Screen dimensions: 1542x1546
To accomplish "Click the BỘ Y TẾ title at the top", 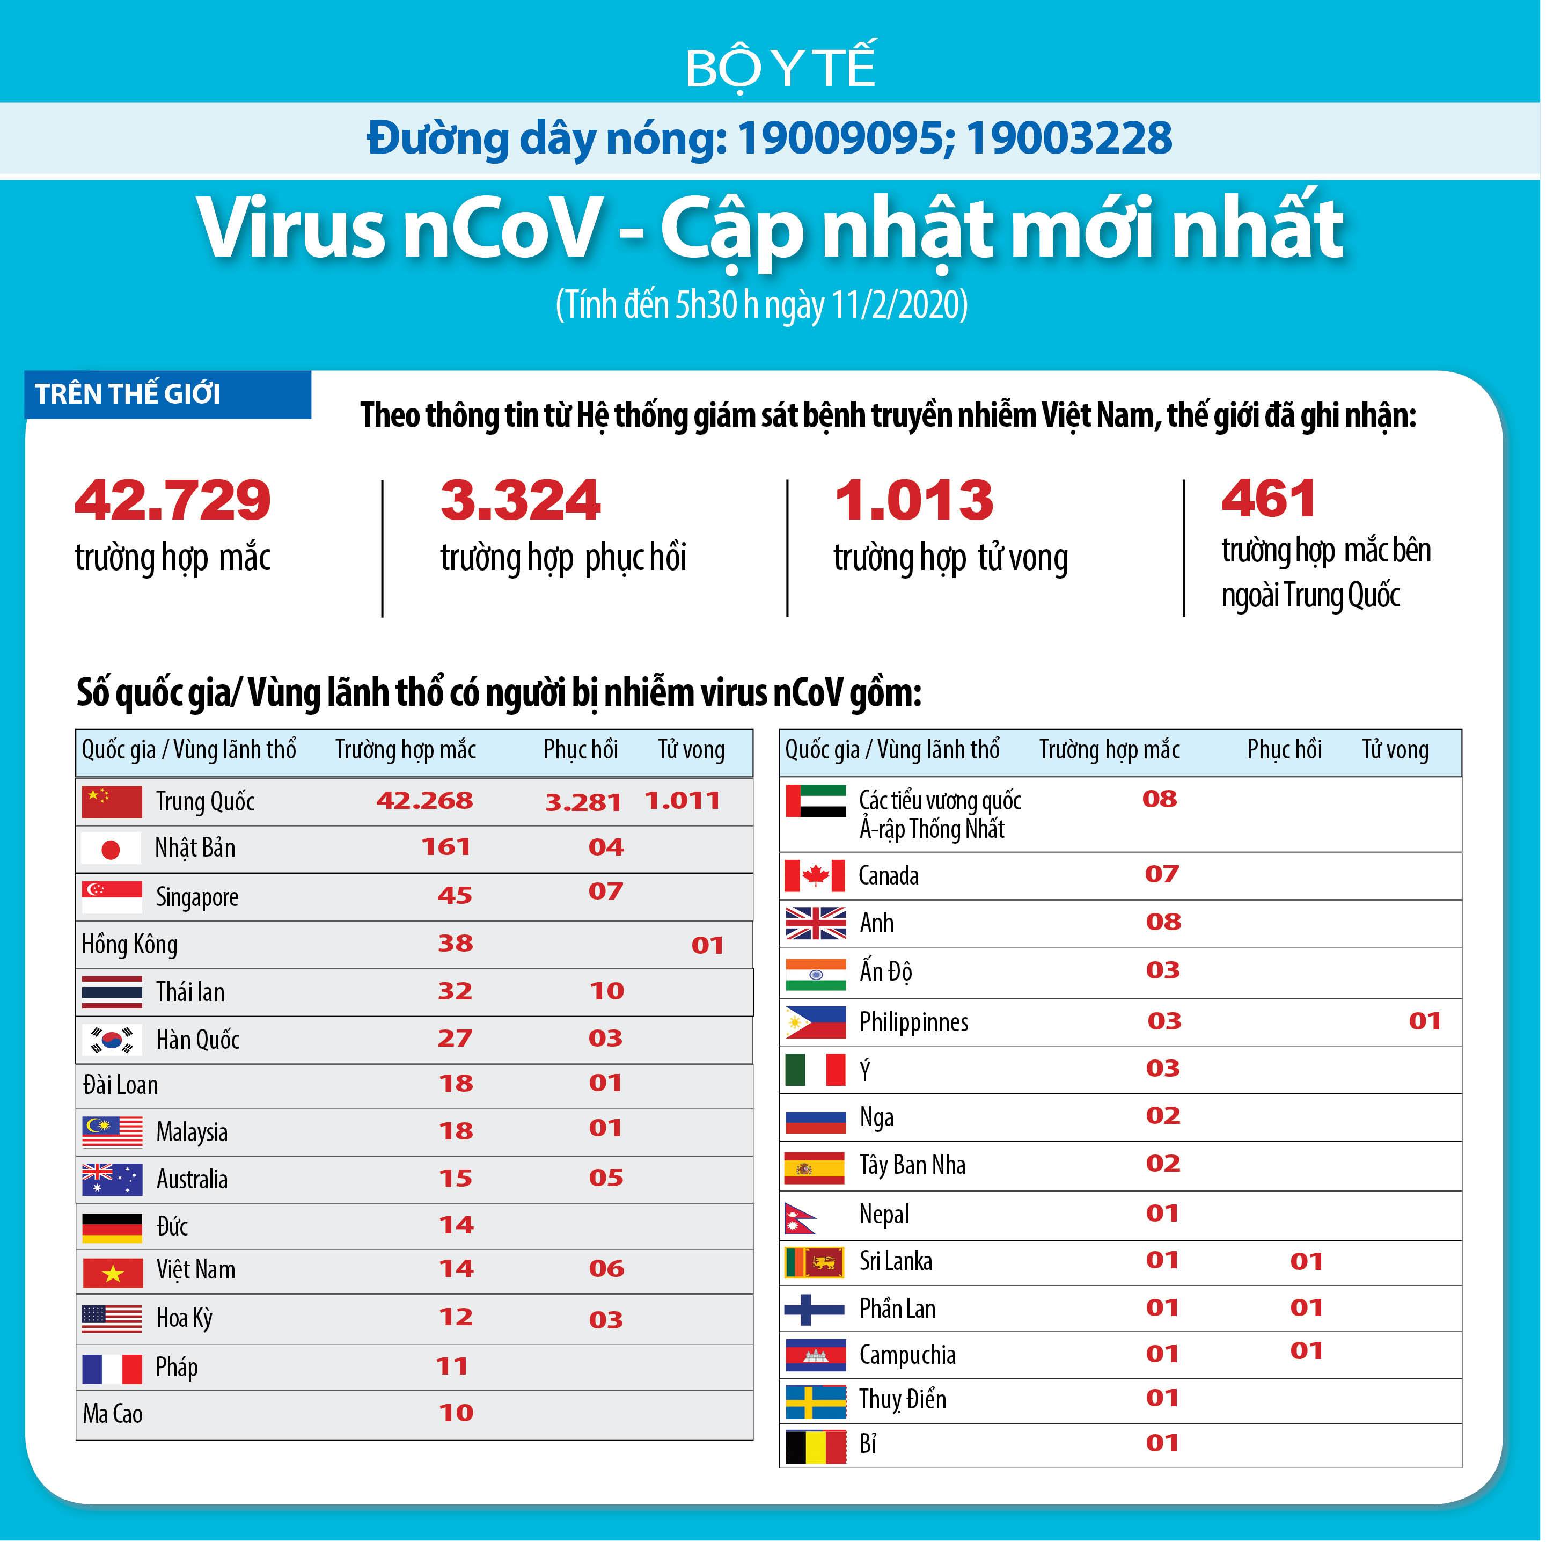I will point(780,68).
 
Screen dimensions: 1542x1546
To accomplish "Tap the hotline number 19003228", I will point(1069,138).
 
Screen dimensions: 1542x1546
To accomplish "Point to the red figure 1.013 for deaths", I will point(914,500).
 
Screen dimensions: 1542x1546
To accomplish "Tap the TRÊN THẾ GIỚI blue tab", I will point(128,394).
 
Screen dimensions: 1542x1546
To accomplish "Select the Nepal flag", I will point(801,1218).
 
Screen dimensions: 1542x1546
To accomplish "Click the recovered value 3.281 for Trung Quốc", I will point(583,802).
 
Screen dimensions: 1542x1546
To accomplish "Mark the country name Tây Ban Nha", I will point(913,1165).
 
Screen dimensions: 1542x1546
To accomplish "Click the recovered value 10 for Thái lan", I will point(606,991).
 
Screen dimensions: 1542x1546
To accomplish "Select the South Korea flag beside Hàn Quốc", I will point(112,1040).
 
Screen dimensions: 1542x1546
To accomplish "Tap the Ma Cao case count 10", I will point(456,1413).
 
